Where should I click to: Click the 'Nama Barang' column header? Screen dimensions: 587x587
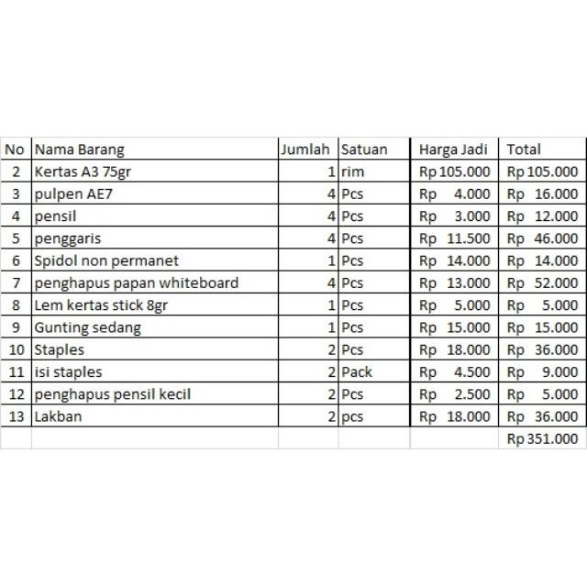pos(79,150)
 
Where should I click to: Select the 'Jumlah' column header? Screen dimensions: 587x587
pos(306,150)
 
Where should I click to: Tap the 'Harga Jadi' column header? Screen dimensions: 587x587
pos(453,150)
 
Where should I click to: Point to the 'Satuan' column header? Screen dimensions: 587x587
pos(364,150)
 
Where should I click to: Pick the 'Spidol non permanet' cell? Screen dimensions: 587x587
pos(106,260)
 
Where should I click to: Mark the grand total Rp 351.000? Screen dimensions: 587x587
pos(543,439)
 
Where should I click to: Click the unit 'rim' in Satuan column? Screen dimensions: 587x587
pos(352,172)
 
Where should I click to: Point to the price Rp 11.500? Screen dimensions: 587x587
pos(455,238)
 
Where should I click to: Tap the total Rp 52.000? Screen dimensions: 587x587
pos(543,282)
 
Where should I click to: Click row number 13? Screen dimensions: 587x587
pos(16,417)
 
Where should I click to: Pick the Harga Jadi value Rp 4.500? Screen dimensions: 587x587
pos(455,372)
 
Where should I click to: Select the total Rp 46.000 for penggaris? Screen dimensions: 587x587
pos(543,238)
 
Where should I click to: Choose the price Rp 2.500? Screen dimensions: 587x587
pos(455,394)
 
